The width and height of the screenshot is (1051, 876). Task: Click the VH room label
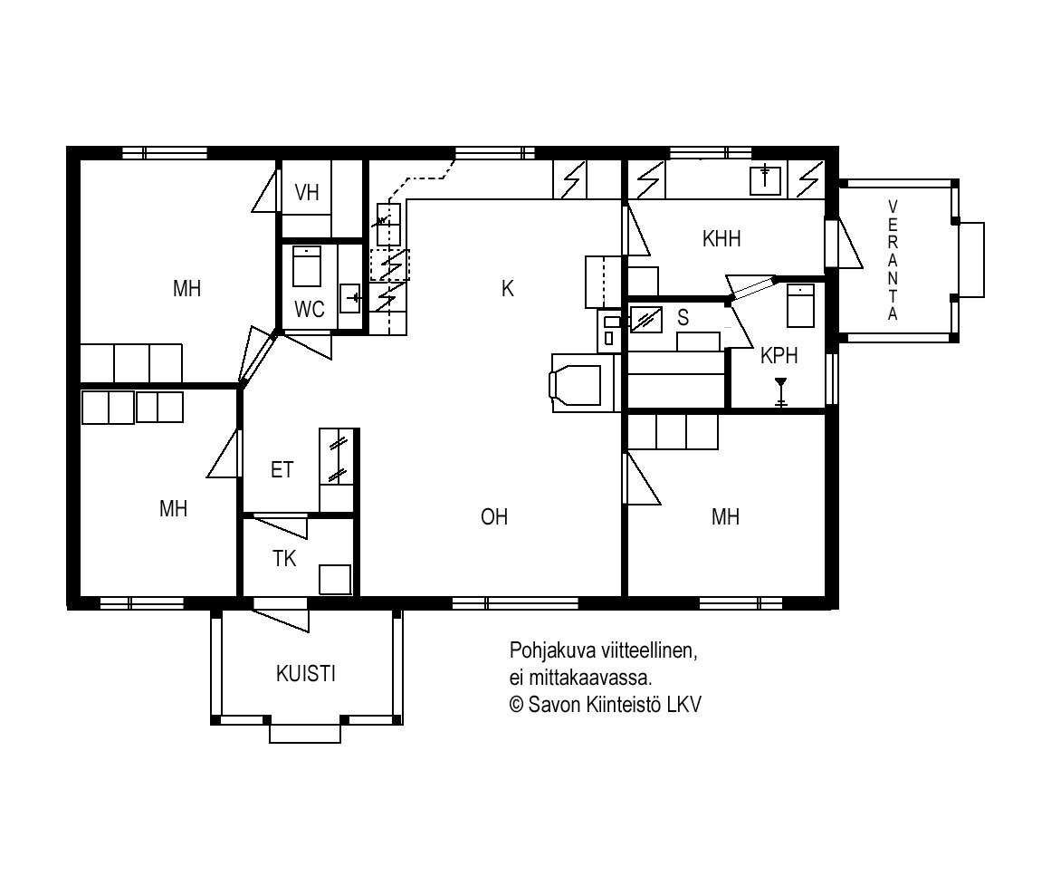click(x=307, y=193)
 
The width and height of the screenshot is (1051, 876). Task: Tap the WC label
click(x=309, y=309)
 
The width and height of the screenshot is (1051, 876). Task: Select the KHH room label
click(x=721, y=238)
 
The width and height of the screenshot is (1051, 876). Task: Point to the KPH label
click(x=779, y=355)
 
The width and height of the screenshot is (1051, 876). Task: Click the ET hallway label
click(x=282, y=469)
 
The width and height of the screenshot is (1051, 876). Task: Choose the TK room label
click(x=284, y=558)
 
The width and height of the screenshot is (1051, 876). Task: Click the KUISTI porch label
click(x=306, y=673)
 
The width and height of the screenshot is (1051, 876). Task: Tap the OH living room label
click(x=494, y=516)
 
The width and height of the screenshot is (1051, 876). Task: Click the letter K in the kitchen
click(x=508, y=288)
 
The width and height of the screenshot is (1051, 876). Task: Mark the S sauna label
click(x=683, y=317)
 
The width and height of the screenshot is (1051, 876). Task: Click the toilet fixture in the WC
click(x=307, y=266)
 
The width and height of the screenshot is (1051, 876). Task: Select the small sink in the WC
click(x=350, y=298)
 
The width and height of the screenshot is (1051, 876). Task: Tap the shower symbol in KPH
click(x=780, y=392)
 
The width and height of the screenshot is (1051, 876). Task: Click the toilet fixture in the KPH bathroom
click(x=800, y=305)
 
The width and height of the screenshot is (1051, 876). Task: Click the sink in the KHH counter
click(x=765, y=179)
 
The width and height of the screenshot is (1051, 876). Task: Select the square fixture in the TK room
click(x=335, y=580)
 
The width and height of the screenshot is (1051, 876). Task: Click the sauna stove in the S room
click(x=645, y=319)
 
